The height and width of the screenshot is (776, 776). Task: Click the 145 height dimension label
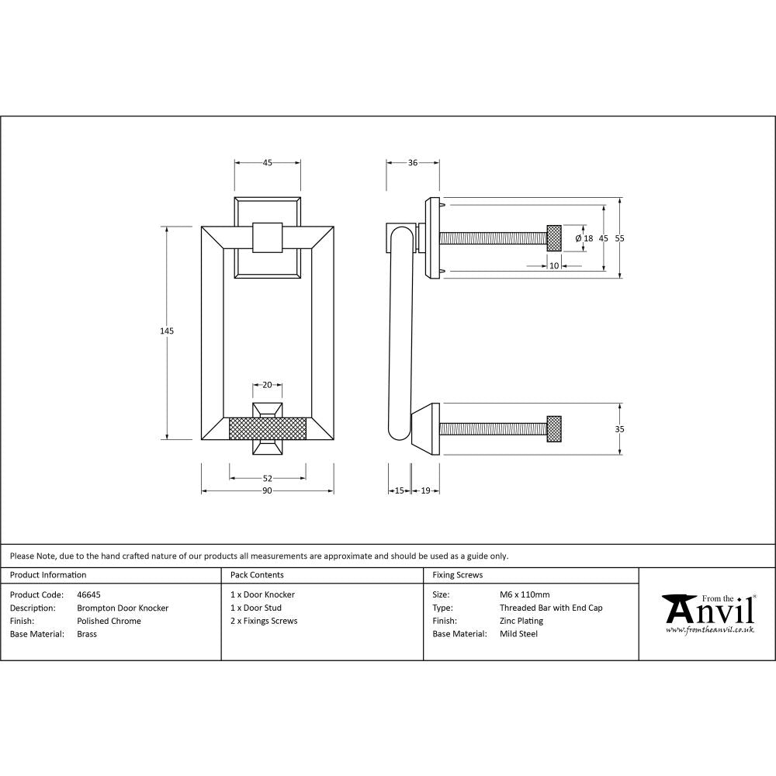pyautogui.click(x=166, y=331)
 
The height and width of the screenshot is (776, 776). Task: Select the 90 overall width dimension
pyautogui.click(x=267, y=490)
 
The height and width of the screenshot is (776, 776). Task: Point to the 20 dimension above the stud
pyautogui.click(x=267, y=385)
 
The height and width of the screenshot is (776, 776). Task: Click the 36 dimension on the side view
pyautogui.click(x=413, y=163)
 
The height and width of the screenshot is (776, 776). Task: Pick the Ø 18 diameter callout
pyautogui.click(x=584, y=239)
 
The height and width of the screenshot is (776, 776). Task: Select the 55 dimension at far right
pyautogui.click(x=619, y=239)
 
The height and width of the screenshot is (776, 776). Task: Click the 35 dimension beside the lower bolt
pyautogui.click(x=619, y=429)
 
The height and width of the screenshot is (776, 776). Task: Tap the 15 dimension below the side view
pyautogui.click(x=399, y=490)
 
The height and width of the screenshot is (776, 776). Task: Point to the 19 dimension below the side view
pyautogui.click(x=425, y=490)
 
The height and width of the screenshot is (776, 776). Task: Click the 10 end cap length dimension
pyautogui.click(x=554, y=265)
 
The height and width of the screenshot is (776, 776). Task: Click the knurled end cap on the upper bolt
pyautogui.click(x=554, y=237)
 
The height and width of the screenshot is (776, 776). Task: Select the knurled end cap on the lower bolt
pyautogui.click(x=554, y=429)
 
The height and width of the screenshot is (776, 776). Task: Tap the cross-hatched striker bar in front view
pyautogui.click(x=268, y=428)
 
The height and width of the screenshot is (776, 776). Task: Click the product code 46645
pyautogui.click(x=89, y=595)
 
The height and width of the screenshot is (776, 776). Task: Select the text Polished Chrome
pyautogui.click(x=109, y=621)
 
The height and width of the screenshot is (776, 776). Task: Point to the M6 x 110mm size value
pyautogui.click(x=525, y=595)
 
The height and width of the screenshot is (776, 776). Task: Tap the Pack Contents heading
pyautogui.click(x=257, y=575)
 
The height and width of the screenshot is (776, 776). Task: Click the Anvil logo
pyautogui.click(x=707, y=613)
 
